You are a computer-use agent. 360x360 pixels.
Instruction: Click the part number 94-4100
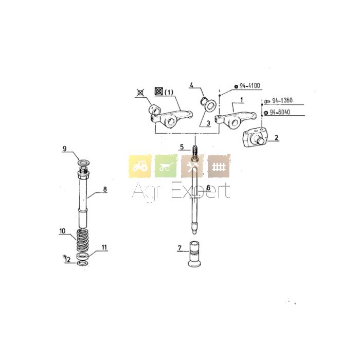pos(250,86)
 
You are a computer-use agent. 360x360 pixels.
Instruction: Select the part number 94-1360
pos(282,100)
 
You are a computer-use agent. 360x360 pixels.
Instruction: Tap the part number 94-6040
pos(280,112)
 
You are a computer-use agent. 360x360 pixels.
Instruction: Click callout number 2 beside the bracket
pos(277,137)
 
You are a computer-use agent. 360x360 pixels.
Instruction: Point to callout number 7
pos(179,248)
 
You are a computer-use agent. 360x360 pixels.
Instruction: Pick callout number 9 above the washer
pos(64,149)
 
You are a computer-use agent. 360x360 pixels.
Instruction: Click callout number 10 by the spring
pos(62,231)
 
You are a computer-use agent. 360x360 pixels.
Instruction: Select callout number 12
pos(67,260)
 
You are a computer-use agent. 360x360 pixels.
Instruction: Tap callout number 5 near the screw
pos(182,147)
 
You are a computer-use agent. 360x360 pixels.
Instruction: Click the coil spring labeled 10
pos(82,240)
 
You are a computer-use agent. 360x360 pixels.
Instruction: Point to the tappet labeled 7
pos(194,254)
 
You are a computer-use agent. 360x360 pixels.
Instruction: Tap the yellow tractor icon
pos(140,166)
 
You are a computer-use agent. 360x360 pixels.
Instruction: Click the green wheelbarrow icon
pos(166,166)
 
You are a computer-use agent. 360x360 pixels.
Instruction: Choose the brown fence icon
pos(219,166)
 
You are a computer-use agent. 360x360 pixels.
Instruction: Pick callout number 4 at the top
pos(191,85)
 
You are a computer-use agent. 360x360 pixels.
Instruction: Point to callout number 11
pos(104,247)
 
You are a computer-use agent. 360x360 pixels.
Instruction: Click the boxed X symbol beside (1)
pos(158,91)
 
